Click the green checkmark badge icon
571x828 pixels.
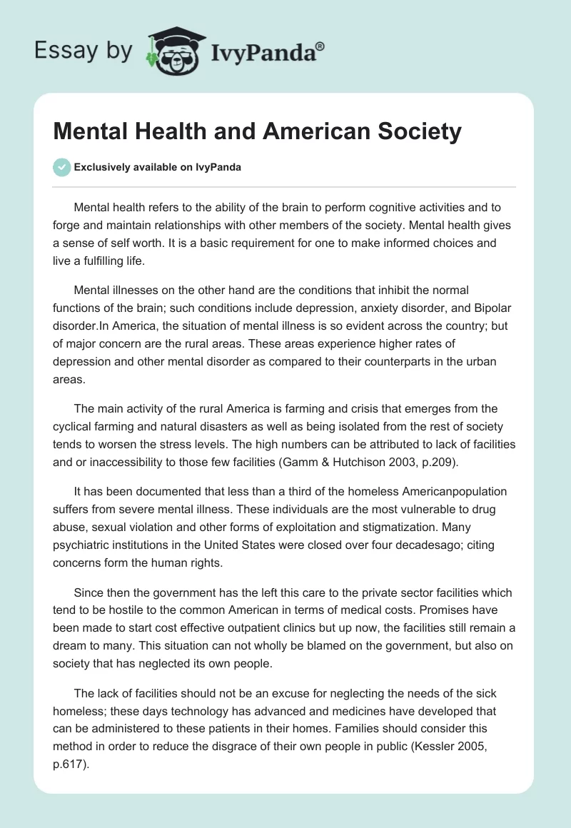pos(61,167)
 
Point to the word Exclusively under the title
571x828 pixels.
pos(101,168)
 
